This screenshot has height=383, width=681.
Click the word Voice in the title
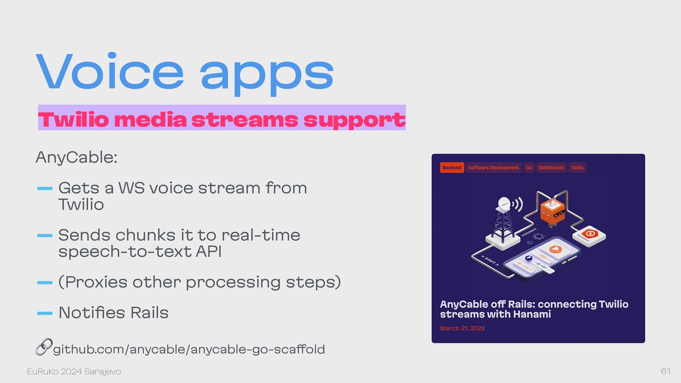coord(110,71)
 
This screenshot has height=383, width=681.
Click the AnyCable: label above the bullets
coord(76,157)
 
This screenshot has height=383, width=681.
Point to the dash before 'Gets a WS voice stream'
coord(45,188)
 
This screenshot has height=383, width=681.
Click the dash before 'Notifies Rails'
coord(45,313)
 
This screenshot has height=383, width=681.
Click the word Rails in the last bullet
coord(149,313)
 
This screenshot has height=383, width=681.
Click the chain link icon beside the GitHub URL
coord(44,347)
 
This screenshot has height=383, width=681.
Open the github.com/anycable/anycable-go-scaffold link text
coord(189,350)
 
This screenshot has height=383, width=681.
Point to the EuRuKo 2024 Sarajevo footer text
coord(74,372)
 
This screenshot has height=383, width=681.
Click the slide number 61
coord(665,371)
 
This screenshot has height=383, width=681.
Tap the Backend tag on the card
coord(452,168)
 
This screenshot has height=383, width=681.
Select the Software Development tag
coord(493,168)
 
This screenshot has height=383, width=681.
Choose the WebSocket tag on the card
coord(551,168)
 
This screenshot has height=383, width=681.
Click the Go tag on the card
coord(529,168)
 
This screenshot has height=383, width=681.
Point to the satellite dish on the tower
coord(504,204)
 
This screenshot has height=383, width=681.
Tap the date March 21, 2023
coord(462,328)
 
